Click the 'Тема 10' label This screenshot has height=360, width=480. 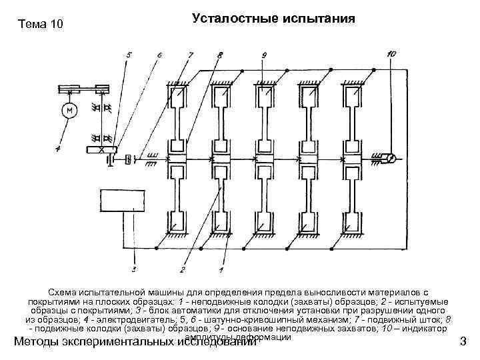coord(41,25)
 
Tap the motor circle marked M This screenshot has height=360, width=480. coord(68,109)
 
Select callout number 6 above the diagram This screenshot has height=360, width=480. coord(159,53)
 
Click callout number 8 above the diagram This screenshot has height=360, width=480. coord(221,53)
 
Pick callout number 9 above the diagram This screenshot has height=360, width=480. coord(264,53)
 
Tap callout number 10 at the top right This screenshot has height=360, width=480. coord(391,53)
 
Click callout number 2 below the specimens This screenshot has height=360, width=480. coord(181,269)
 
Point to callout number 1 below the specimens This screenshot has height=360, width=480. coord(221,269)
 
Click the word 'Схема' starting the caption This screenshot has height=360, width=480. coord(64,293)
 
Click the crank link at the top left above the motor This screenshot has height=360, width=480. coord(85,87)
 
